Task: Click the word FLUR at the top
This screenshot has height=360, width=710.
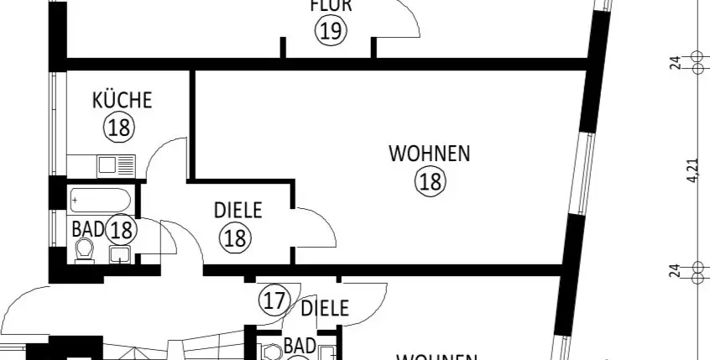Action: click(x=331, y=6)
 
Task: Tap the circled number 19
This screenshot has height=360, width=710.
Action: click(x=331, y=32)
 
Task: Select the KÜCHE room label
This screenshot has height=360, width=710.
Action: click(x=123, y=101)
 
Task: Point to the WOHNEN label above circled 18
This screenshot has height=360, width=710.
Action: click(x=429, y=154)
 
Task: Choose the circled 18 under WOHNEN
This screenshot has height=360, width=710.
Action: click(x=430, y=181)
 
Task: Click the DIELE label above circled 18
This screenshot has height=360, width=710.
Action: click(x=238, y=211)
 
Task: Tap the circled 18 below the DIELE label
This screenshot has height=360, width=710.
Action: click(x=235, y=238)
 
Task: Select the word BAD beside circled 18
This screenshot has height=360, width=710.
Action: click(x=88, y=228)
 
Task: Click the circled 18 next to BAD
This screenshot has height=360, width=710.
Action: click(x=122, y=228)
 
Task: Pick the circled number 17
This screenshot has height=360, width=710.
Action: click(x=274, y=300)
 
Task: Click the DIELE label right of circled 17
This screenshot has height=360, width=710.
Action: click(x=324, y=308)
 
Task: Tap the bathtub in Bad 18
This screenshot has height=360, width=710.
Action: click(x=100, y=200)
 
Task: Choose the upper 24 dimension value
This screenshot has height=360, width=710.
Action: click(x=676, y=61)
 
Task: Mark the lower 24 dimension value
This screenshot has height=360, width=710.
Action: click(x=676, y=270)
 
